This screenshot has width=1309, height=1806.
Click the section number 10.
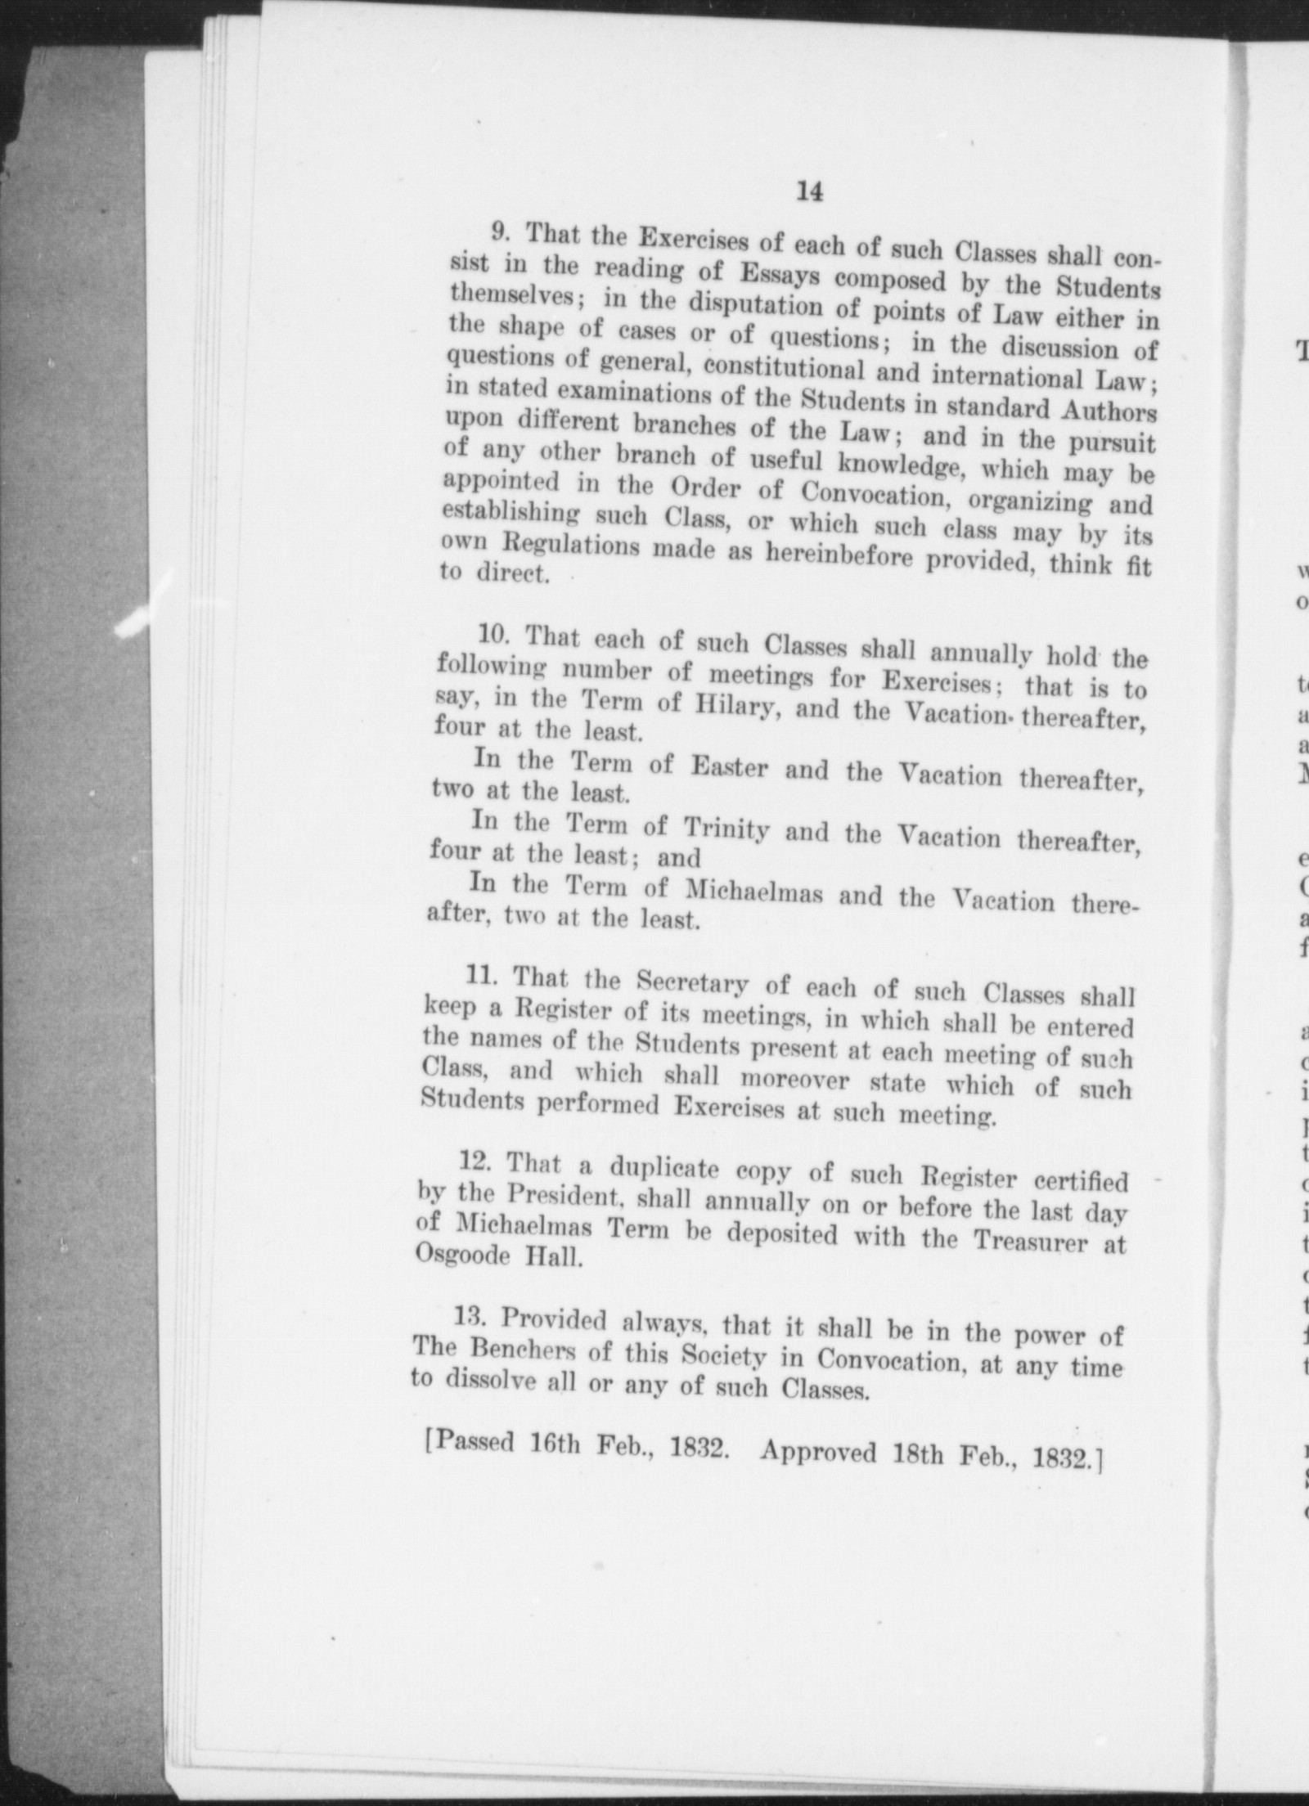pos(494,634)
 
